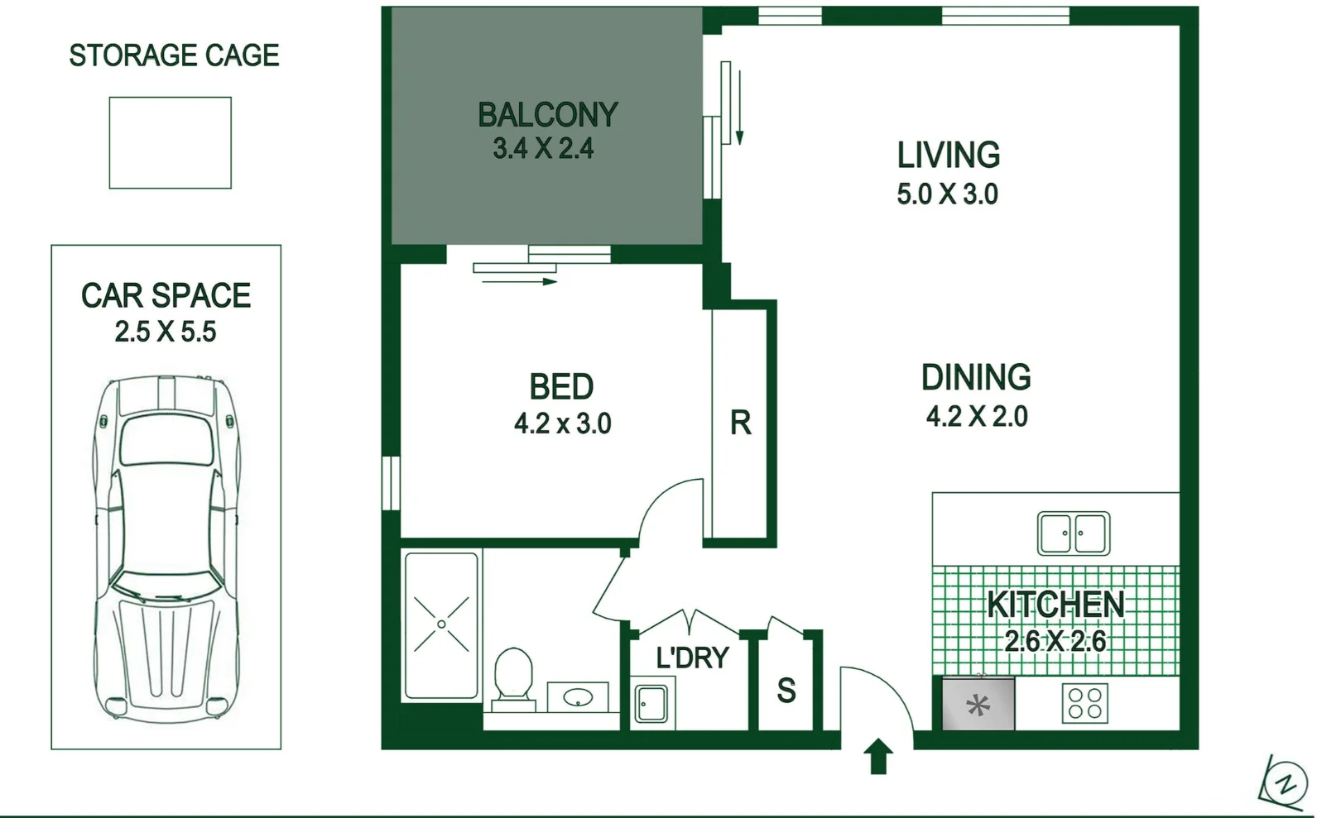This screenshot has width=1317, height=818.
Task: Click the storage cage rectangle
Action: [x=170, y=142]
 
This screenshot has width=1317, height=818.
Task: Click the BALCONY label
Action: [x=547, y=115]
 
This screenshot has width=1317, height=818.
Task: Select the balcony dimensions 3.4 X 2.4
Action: [x=543, y=149]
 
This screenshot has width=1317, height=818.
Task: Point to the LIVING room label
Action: [x=949, y=155]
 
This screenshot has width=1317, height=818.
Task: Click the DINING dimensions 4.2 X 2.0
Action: [x=977, y=416]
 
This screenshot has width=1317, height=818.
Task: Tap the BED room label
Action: [x=561, y=387]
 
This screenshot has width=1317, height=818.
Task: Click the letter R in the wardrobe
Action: [x=740, y=423]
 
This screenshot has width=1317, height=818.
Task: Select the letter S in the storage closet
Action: [x=786, y=691]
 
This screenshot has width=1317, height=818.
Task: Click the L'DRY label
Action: [x=692, y=658]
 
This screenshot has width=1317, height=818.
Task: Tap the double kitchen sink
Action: [x=1074, y=533]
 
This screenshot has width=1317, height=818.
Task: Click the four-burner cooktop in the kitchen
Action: [x=1084, y=704]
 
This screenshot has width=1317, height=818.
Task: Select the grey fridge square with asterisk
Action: [x=978, y=704]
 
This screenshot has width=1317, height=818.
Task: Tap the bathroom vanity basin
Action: [x=578, y=698]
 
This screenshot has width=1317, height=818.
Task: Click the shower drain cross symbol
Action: [x=441, y=624]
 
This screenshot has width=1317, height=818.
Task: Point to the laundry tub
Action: [x=651, y=704]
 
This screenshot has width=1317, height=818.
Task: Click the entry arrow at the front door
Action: [x=878, y=756]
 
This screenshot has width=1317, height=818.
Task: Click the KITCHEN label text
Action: [x=1055, y=605]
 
